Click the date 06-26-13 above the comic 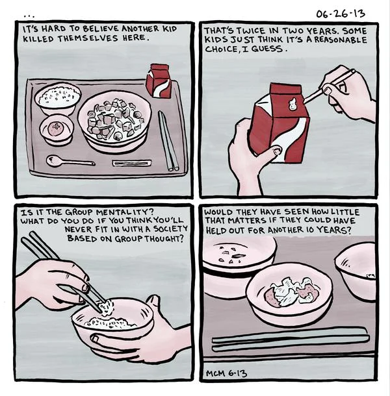point(341,14)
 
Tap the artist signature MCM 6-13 point(226,373)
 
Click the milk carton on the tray point(159,80)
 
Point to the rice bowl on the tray point(58,99)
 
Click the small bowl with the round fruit point(57,129)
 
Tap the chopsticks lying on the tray point(168,140)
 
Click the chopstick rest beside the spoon point(132,163)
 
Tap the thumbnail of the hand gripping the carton point(277,151)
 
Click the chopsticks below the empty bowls point(290,339)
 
